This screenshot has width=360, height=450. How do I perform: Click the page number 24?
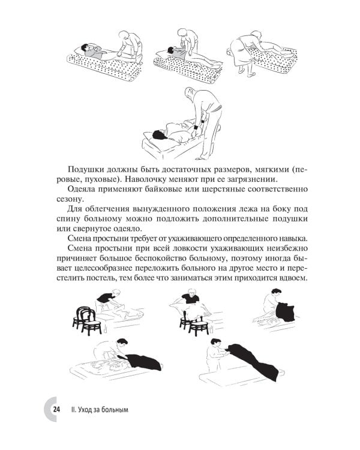56,410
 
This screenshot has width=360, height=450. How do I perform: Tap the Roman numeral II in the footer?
73,410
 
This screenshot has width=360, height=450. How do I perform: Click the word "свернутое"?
97,227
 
